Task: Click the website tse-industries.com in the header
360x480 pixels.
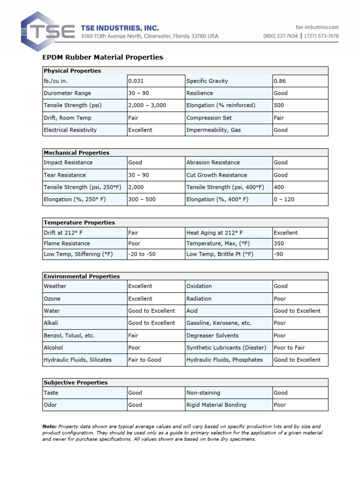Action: coord(317,27)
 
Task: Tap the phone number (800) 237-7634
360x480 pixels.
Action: coord(280,36)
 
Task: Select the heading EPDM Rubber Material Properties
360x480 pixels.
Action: coord(103,57)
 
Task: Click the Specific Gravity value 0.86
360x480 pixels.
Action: coord(280,81)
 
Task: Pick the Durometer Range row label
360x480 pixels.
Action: coord(67,93)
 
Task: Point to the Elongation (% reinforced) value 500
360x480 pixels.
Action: coord(279,105)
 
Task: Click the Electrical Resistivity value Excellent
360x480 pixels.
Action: coord(140,130)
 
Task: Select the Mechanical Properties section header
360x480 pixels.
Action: coord(76,153)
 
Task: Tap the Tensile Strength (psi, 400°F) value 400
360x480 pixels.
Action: coord(278,187)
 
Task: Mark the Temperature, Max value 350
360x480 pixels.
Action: coord(279,244)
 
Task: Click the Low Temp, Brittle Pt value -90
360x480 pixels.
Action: coord(278,254)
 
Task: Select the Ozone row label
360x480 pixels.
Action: coord(52,299)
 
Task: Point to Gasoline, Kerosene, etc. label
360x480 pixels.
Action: coord(219,323)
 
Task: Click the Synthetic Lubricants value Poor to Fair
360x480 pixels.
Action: coord(289,348)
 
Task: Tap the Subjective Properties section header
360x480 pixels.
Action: coord(75,382)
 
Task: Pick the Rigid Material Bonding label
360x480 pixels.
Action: coord(216,405)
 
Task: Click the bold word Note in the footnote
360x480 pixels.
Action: coord(49,427)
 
